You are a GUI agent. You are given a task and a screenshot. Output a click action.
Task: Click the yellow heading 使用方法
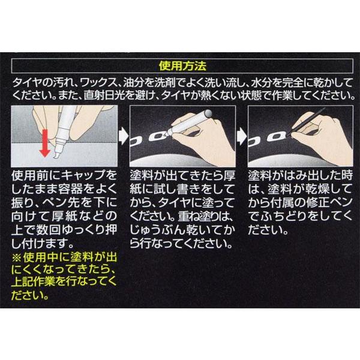pyautogui.click(x=182, y=66)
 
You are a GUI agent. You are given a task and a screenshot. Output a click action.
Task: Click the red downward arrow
pyautogui.click(x=45, y=143)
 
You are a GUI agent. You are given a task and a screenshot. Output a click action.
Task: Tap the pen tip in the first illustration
pyautogui.click(x=56, y=155)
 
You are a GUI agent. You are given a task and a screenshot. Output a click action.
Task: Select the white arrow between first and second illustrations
pyautogui.click(x=124, y=136)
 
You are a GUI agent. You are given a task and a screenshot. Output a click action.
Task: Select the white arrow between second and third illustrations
pyautogui.click(x=242, y=136)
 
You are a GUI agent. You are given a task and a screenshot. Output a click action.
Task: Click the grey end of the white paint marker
pyautogui.click(x=208, y=113)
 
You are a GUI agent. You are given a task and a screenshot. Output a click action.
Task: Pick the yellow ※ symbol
pyautogui.click(x=17, y=257)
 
